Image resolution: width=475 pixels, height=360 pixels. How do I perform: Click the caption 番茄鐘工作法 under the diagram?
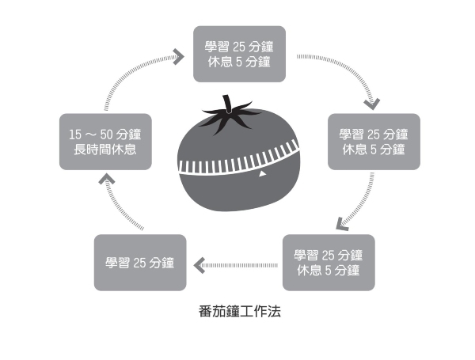239,312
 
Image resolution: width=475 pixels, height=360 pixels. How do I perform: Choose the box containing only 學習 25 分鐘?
140,262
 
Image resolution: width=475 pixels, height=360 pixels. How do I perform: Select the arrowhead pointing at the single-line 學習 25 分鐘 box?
199,265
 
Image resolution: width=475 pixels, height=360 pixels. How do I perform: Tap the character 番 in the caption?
203,312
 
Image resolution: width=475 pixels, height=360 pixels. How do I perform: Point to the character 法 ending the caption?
275,312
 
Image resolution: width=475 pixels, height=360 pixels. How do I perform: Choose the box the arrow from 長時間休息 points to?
240,53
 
